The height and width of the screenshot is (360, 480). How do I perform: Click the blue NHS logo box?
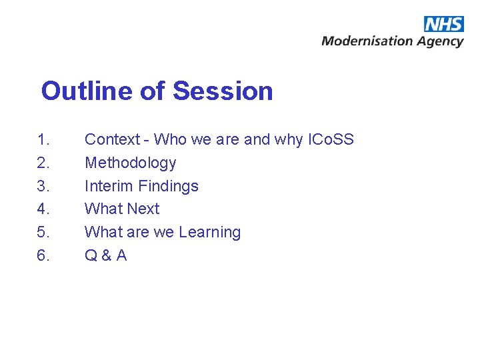[x=443, y=24]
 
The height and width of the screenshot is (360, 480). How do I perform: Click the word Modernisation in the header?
[x=367, y=41]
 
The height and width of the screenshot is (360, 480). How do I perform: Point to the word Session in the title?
[x=223, y=91]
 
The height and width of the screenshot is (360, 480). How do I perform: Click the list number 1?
[x=43, y=140]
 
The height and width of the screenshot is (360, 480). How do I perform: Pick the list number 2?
[x=43, y=163]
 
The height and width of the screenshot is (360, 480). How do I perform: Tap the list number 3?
[x=43, y=186]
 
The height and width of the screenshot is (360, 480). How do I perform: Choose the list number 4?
[x=43, y=209]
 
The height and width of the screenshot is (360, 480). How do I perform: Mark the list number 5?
[x=43, y=233]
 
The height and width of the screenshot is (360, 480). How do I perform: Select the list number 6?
[x=43, y=255]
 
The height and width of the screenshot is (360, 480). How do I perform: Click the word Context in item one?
[x=112, y=140]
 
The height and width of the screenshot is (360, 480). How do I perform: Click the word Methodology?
[x=130, y=163]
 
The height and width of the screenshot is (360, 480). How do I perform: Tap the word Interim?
[x=109, y=186]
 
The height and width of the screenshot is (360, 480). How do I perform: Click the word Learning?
[x=210, y=233]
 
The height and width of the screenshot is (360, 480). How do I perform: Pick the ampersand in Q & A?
[x=105, y=256]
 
